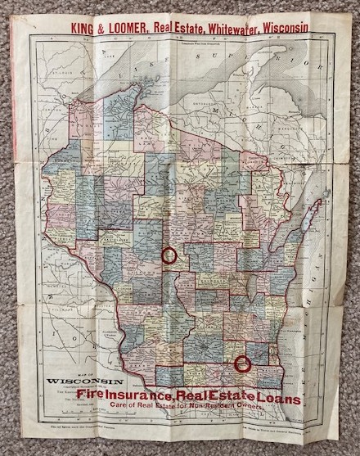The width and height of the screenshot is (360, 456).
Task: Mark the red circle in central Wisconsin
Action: (170, 255)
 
